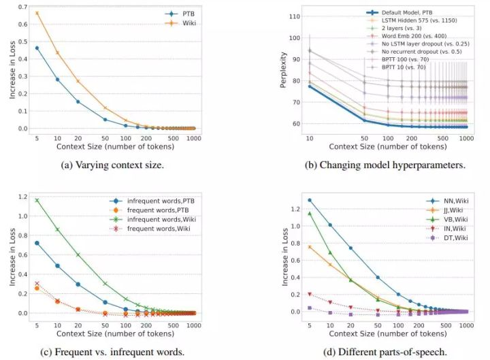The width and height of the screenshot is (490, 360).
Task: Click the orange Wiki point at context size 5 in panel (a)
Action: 37,13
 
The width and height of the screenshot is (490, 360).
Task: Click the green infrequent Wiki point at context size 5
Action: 37,200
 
